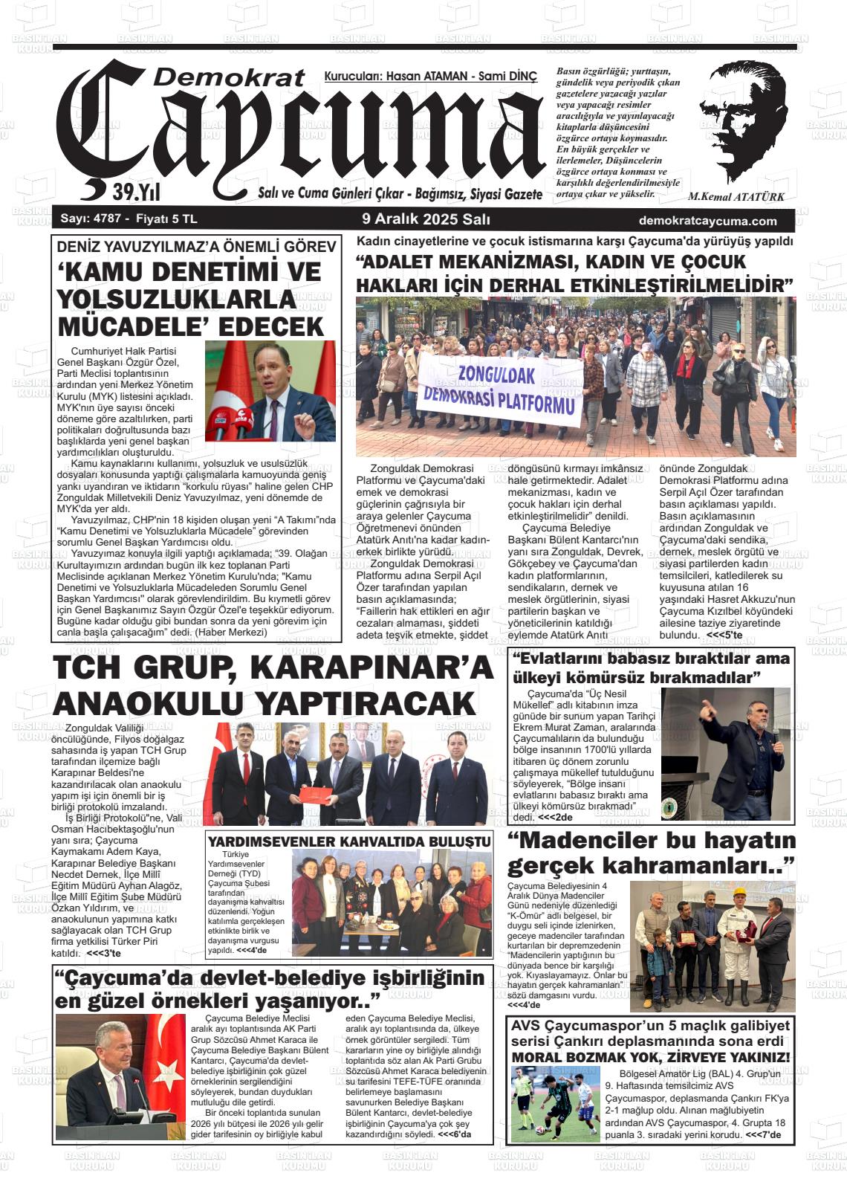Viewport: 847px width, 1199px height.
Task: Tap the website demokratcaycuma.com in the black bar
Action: [x=707, y=221]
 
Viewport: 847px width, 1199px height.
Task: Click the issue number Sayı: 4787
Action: [x=87, y=219]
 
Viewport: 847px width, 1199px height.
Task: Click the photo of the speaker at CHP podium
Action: [x=270, y=391]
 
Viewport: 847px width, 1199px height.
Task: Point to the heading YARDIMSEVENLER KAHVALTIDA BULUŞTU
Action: [x=349, y=841]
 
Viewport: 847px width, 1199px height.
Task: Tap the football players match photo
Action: [x=555, y=1103]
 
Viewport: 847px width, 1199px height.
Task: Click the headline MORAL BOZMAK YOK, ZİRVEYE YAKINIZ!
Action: [x=651, y=1058]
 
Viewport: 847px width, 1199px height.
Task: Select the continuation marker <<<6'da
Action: [x=453, y=1135]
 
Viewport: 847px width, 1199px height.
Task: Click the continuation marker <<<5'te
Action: [x=723, y=635]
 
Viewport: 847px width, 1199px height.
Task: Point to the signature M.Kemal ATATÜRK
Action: [x=736, y=197]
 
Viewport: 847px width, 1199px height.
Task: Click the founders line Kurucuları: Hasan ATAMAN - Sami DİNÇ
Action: [x=430, y=77]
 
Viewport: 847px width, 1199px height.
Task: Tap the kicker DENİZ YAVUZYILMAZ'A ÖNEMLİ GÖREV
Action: [x=196, y=248]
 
